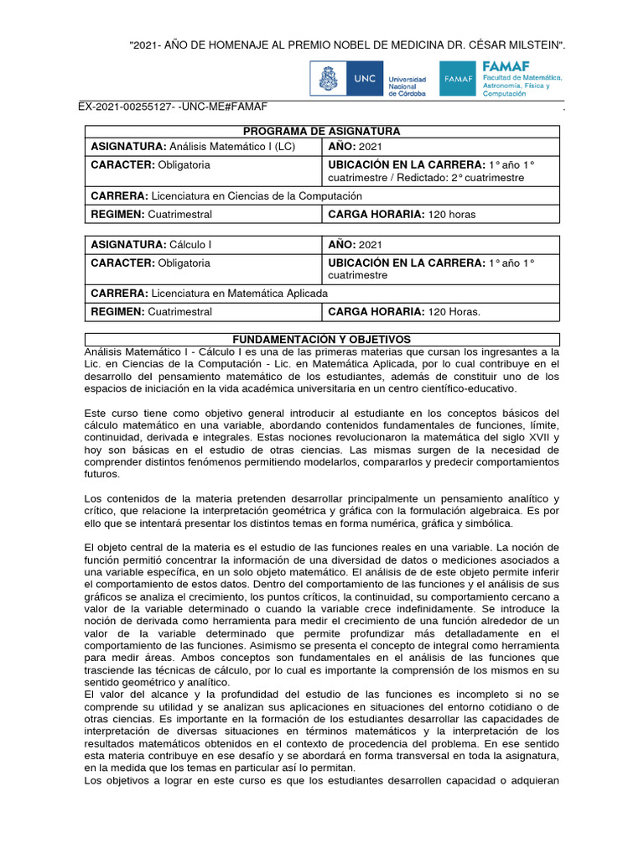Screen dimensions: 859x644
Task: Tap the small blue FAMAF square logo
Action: [459, 79]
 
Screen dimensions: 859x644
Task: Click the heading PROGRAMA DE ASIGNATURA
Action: [322, 132]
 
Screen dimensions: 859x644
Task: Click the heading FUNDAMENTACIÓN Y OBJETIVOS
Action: [322, 339]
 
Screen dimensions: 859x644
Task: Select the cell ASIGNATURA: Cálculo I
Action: [151, 245]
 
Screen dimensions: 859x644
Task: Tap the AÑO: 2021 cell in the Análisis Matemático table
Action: [355, 147]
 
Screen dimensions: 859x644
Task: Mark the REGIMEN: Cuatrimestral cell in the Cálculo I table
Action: [152, 312]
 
